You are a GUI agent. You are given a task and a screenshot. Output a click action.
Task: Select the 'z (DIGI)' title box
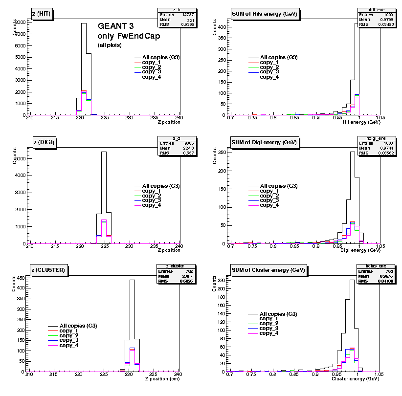point(44,142)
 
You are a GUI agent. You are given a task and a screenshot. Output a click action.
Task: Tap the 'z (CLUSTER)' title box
point(48,269)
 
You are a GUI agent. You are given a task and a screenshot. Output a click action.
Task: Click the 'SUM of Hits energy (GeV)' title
point(264,14)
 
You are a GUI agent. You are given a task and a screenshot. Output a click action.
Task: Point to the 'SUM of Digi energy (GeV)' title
point(264,142)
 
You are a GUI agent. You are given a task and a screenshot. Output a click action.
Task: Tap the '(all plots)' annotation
point(110,45)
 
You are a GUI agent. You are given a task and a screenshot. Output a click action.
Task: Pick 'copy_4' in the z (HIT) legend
point(151,77)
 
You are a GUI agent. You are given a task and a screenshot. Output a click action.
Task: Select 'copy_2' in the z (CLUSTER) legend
point(69,335)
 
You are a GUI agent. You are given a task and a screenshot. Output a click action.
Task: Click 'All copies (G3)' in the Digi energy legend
point(278,186)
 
